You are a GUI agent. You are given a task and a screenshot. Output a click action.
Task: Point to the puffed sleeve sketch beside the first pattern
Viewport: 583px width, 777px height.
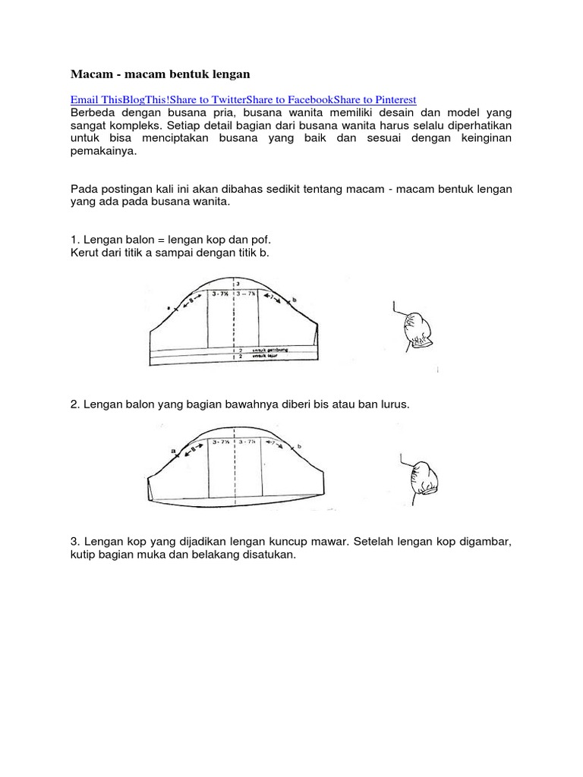pyautogui.click(x=415, y=329)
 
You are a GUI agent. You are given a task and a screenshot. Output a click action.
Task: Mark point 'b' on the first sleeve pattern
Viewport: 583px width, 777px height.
pyautogui.click(x=293, y=301)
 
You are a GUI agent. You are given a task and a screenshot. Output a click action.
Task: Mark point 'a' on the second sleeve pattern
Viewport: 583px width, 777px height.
pyautogui.click(x=174, y=451)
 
